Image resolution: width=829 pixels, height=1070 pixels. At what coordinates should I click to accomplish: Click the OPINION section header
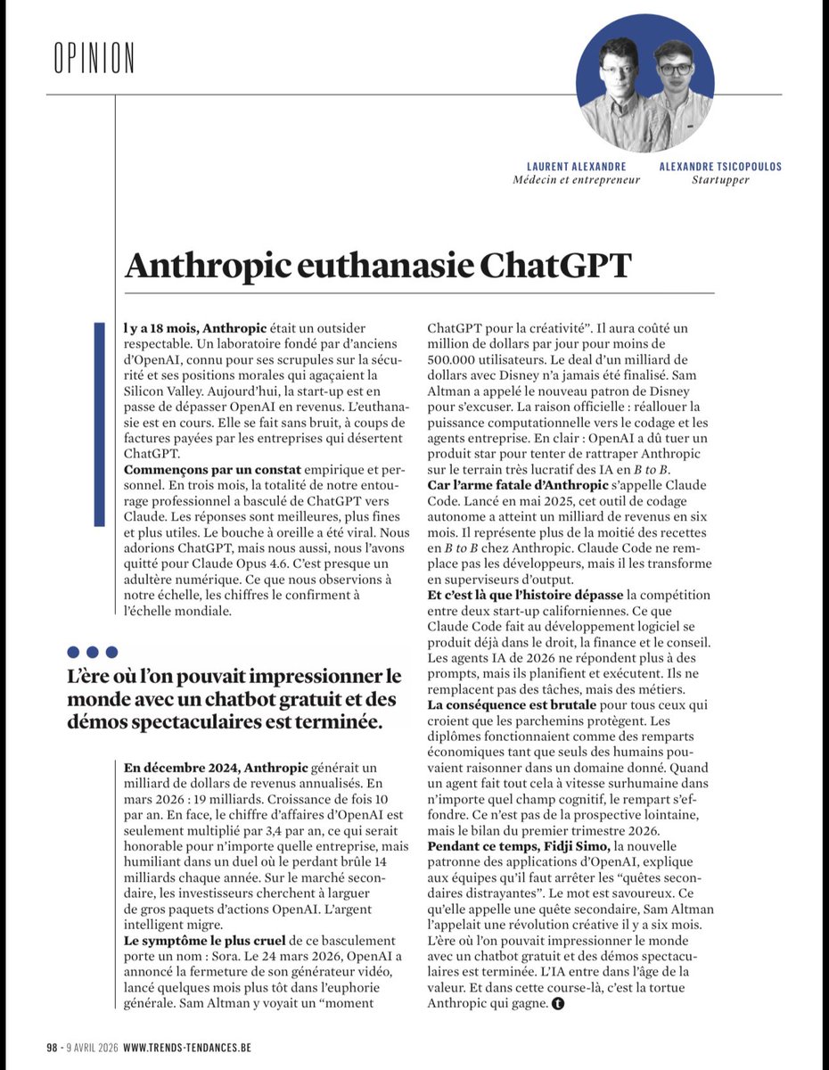pyautogui.click(x=94, y=58)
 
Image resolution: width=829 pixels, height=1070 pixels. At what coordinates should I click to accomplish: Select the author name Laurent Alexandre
pyautogui.click(x=576, y=167)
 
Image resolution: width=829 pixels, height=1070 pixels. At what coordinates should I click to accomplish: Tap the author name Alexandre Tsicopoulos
pyautogui.click(x=721, y=167)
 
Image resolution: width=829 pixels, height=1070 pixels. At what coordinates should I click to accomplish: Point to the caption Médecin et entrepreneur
pyautogui.click(x=576, y=180)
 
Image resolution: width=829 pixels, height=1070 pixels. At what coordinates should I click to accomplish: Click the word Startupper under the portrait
pyautogui.click(x=721, y=180)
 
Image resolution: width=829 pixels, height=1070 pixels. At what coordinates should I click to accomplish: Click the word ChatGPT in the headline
pyautogui.click(x=555, y=266)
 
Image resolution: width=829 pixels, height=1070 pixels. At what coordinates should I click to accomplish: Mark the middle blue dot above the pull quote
pyautogui.click(x=92, y=653)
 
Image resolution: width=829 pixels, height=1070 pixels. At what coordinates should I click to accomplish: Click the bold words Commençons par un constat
pyautogui.click(x=212, y=470)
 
